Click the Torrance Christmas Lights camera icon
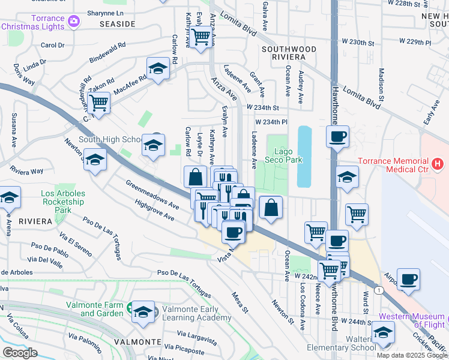[x=74, y=22]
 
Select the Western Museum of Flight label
[x=412, y=321]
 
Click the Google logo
[x=20, y=353]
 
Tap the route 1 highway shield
[x=379, y=290]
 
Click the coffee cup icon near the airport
[x=408, y=279]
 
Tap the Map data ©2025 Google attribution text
[x=412, y=355]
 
